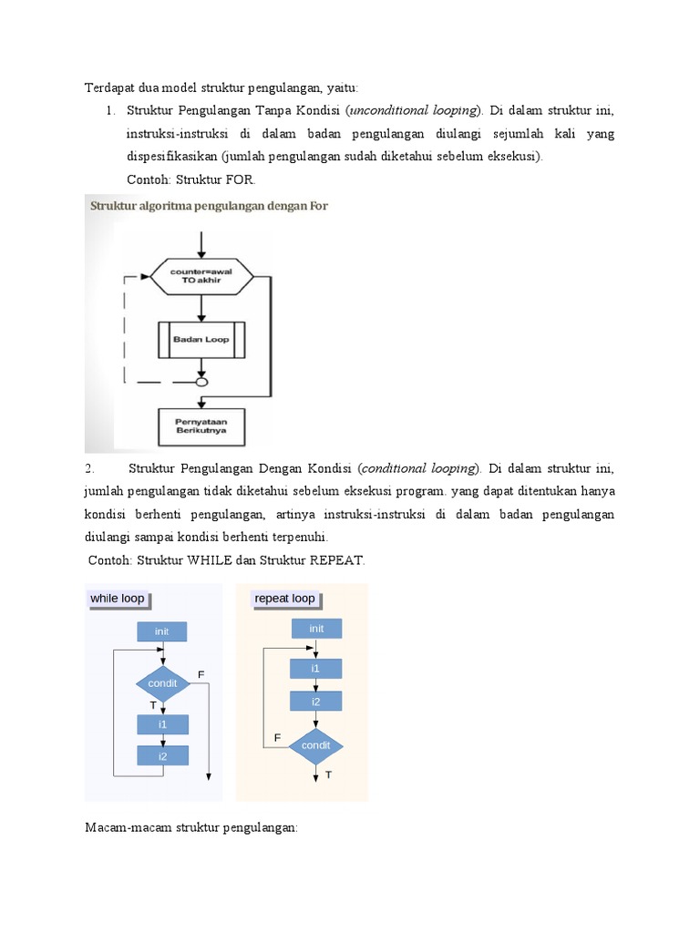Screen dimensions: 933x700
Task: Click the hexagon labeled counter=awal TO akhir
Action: point(201,276)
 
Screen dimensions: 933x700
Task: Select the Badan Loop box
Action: point(201,340)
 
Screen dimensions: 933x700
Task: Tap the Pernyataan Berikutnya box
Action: point(201,425)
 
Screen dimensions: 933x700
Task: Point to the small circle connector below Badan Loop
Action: point(201,382)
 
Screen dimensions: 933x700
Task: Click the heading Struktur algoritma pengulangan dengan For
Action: point(209,206)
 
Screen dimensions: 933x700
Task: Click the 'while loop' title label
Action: point(118,599)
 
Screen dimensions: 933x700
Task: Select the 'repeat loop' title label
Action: point(285,599)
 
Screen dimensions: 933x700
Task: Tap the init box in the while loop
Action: point(162,631)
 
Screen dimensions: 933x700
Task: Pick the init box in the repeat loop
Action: point(316,628)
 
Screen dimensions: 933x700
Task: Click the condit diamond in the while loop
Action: point(163,683)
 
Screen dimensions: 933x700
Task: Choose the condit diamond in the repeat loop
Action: point(316,745)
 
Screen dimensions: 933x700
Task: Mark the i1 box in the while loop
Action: point(163,724)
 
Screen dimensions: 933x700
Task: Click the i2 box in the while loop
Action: point(163,755)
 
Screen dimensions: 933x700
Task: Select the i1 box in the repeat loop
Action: point(316,668)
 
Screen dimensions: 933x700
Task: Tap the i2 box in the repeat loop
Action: point(316,702)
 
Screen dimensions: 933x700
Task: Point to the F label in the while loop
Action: point(201,673)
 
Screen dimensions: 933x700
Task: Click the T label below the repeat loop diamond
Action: point(328,774)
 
